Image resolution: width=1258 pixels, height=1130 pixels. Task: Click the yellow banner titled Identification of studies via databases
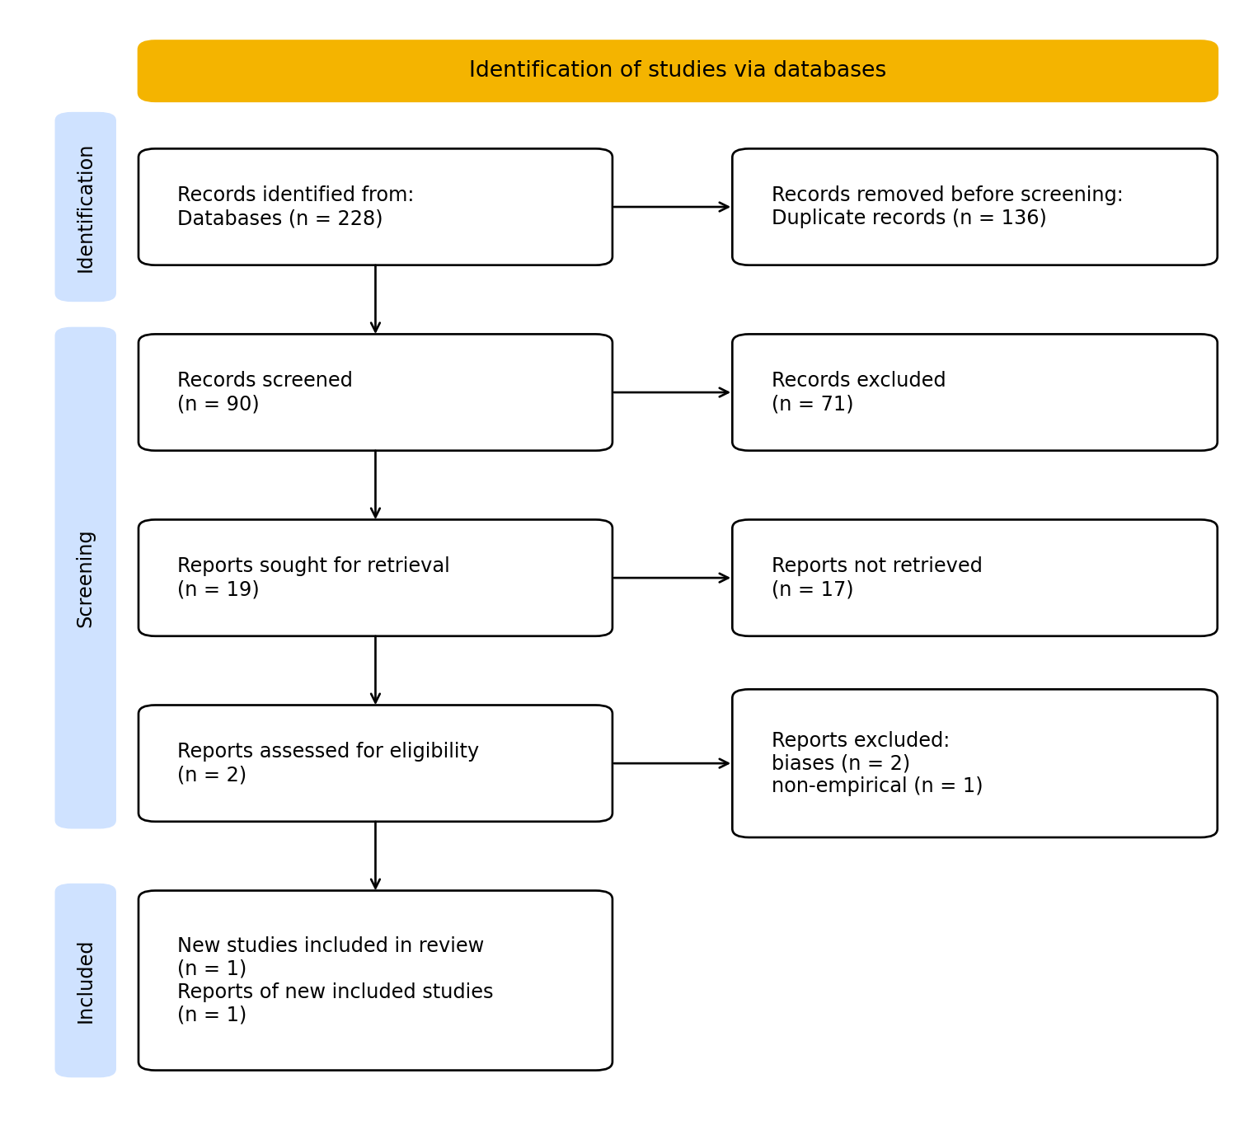[677, 71]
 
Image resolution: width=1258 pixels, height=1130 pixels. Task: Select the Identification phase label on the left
[86, 208]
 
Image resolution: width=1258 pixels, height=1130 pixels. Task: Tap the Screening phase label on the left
[86, 578]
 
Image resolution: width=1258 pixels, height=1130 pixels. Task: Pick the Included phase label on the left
[86, 981]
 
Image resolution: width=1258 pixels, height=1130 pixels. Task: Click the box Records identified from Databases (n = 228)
[375, 207]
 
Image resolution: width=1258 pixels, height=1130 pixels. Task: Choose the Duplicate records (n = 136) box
[974, 207]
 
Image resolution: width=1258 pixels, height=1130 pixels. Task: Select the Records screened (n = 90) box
[375, 392]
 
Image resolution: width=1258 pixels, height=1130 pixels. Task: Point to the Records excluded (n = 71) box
[974, 392]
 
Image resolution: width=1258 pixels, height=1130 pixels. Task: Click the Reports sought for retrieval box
[375, 578]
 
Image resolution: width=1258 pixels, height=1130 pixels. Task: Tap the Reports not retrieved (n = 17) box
[974, 578]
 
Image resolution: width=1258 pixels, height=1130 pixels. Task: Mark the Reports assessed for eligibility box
[375, 763]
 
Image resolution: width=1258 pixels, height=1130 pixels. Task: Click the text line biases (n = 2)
[840, 764]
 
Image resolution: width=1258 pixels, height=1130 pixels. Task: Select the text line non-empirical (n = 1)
[876, 786]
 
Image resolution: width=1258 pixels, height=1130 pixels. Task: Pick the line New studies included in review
[330, 946]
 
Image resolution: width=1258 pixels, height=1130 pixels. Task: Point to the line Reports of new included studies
[335, 992]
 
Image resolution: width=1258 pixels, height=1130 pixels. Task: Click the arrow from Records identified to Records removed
[671, 207]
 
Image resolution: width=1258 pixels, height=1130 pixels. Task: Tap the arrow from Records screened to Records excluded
[671, 392]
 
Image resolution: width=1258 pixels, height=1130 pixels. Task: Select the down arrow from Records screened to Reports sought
[375, 485]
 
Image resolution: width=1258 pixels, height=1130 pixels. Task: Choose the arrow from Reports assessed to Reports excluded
[671, 763]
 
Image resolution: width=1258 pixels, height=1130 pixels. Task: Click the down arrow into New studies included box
[375, 856]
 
